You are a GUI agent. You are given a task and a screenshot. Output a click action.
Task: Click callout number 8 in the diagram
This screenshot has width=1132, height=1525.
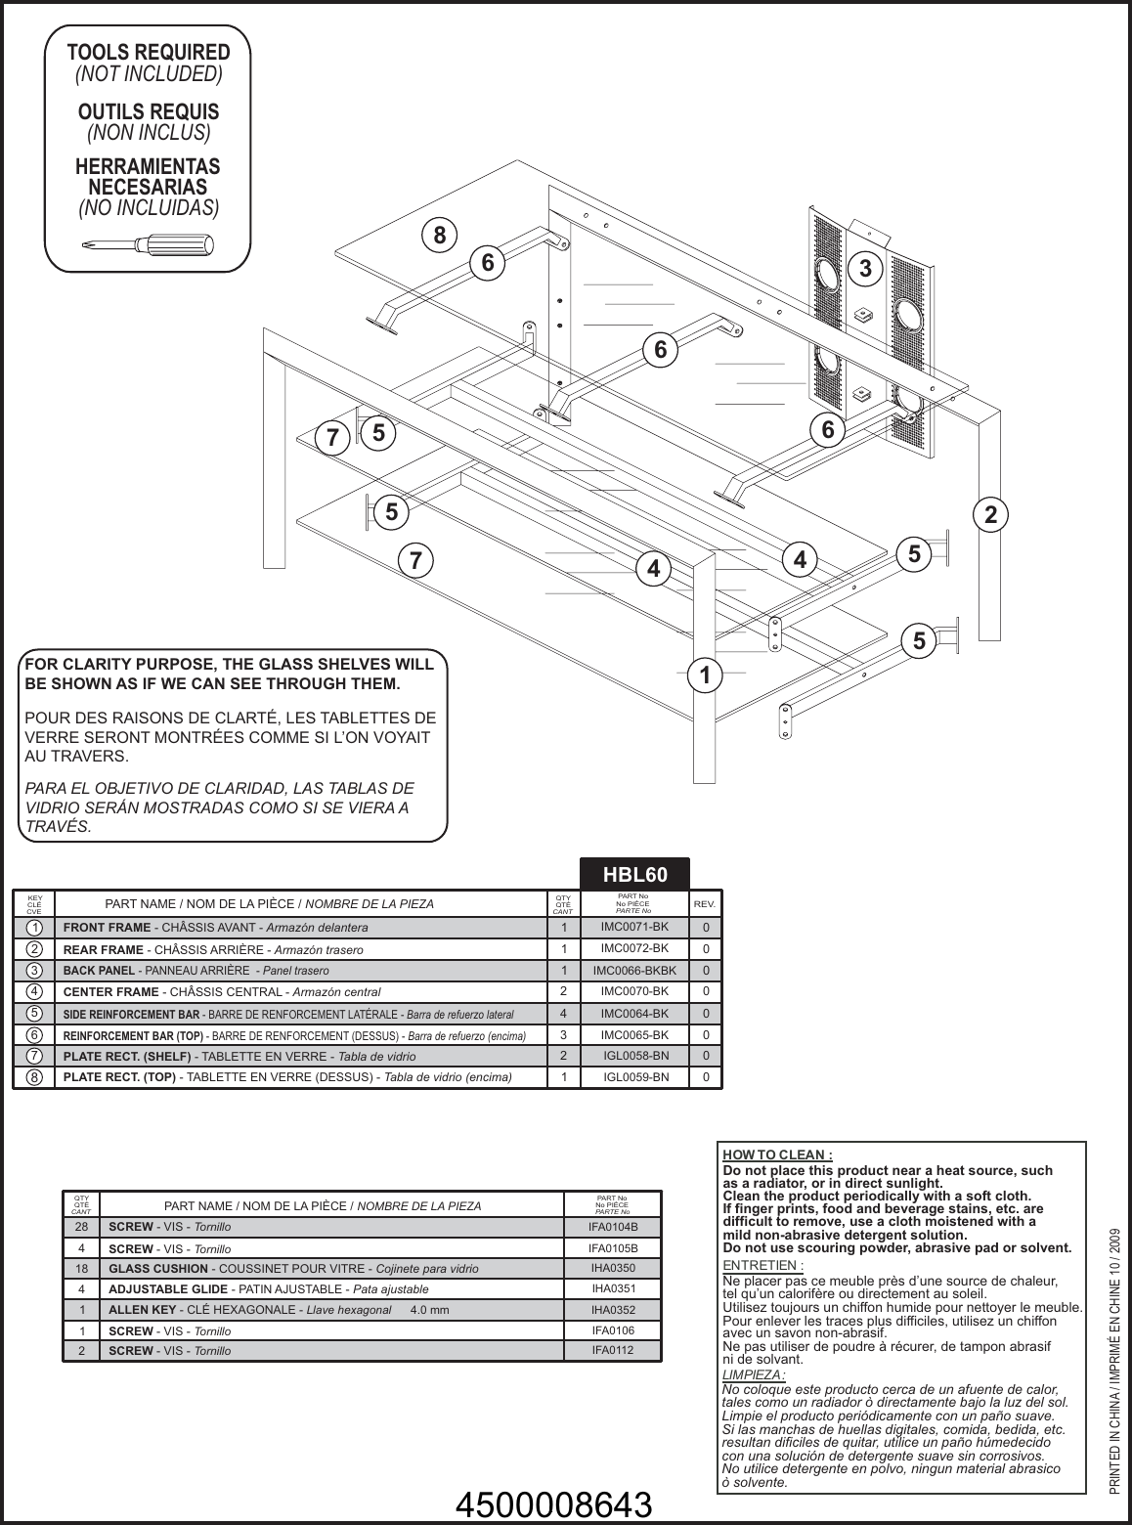coord(440,235)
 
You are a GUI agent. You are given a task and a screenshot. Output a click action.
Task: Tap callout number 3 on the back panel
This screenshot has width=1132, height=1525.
coord(865,267)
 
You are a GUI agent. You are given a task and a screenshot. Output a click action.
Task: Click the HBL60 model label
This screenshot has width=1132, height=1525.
coord(635,872)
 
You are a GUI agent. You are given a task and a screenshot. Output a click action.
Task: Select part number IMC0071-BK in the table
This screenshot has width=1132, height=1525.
coord(633,926)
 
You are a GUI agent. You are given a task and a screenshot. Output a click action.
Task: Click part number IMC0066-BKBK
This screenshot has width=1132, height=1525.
coord(633,971)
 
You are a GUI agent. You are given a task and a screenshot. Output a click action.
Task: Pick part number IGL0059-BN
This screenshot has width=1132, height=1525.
coord(635,1077)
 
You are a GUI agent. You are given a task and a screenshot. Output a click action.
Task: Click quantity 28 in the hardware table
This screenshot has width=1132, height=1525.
coord(82,1226)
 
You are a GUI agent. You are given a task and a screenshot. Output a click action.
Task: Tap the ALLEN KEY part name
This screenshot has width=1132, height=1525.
coord(142,1310)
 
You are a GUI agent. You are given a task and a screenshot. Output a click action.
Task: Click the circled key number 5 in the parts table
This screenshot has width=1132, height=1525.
coord(34,1014)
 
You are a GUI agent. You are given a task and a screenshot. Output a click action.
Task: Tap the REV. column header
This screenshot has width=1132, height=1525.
coord(704,904)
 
